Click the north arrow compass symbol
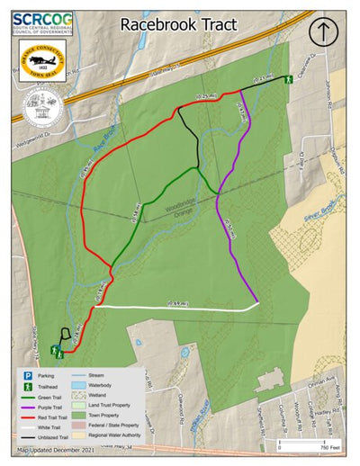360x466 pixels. (x=321, y=31)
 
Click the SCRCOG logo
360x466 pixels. (x=42, y=22)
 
